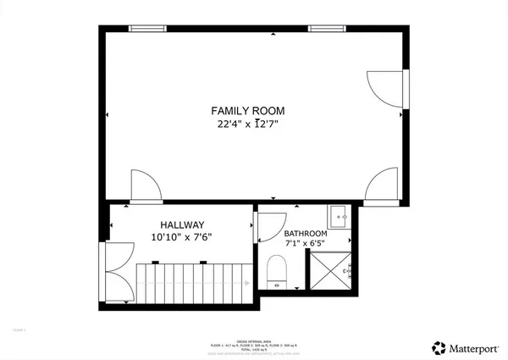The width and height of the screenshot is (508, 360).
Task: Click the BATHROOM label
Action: click(305, 234)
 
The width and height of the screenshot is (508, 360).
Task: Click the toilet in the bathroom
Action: click(277, 273)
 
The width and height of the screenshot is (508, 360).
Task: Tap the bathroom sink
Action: click(338, 217)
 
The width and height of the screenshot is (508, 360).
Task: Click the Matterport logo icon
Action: click(439, 347)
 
